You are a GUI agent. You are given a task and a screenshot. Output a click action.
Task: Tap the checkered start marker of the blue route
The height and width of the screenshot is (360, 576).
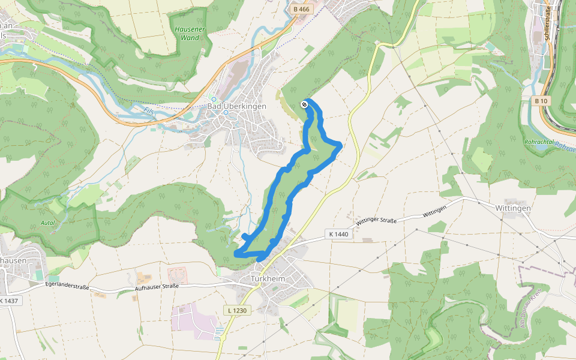304,105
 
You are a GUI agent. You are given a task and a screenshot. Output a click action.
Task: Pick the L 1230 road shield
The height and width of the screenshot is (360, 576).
238,310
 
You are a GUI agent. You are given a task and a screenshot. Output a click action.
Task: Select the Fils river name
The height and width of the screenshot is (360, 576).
149,111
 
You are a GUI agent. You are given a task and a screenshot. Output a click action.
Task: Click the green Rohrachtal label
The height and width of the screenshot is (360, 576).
537,142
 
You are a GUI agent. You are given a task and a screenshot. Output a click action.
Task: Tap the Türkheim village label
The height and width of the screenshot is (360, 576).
267,279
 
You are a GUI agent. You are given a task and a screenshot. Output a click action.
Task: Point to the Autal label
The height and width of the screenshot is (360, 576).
48,223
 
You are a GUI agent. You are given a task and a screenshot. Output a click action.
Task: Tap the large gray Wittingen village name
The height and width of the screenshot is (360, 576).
513,208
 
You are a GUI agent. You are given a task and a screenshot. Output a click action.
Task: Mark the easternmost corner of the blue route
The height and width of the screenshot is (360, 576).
341,145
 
